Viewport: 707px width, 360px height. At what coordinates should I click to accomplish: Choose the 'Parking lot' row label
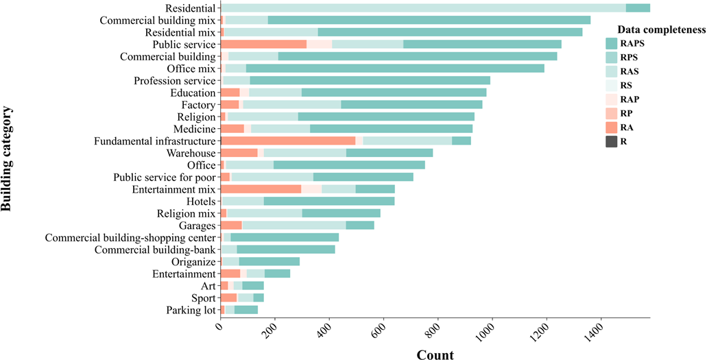pyautogui.click(x=191, y=311)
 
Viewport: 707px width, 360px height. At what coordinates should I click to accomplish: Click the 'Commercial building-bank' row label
pyautogui.click(x=156, y=250)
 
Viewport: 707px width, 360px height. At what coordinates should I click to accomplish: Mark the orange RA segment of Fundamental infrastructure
pyautogui.click(x=288, y=141)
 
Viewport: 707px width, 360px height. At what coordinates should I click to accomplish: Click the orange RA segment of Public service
pyautogui.click(x=263, y=45)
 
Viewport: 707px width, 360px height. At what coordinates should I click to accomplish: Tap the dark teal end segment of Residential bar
pyautogui.click(x=638, y=8)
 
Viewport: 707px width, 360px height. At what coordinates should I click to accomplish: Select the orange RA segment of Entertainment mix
pyautogui.click(x=261, y=189)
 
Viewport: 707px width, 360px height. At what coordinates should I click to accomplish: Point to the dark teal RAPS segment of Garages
pyautogui.click(x=360, y=226)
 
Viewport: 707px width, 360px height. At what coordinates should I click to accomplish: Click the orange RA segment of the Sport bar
pyautogui.click(x=228, y=298)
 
